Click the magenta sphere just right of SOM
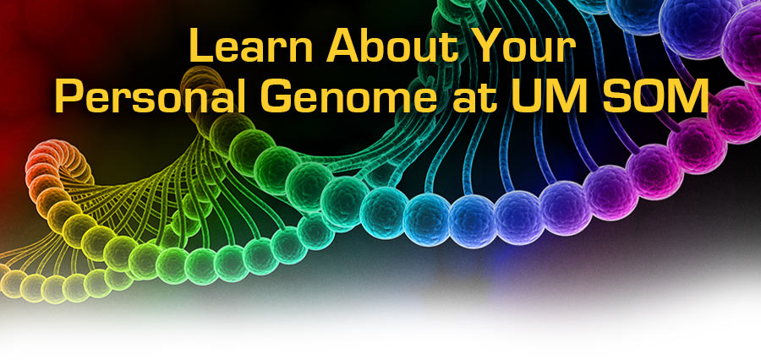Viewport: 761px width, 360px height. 736,114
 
